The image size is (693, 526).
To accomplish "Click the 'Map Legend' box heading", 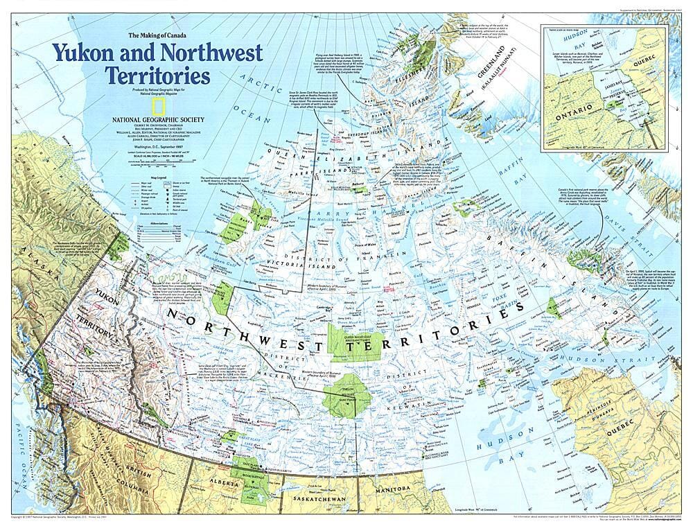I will [159, 177].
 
